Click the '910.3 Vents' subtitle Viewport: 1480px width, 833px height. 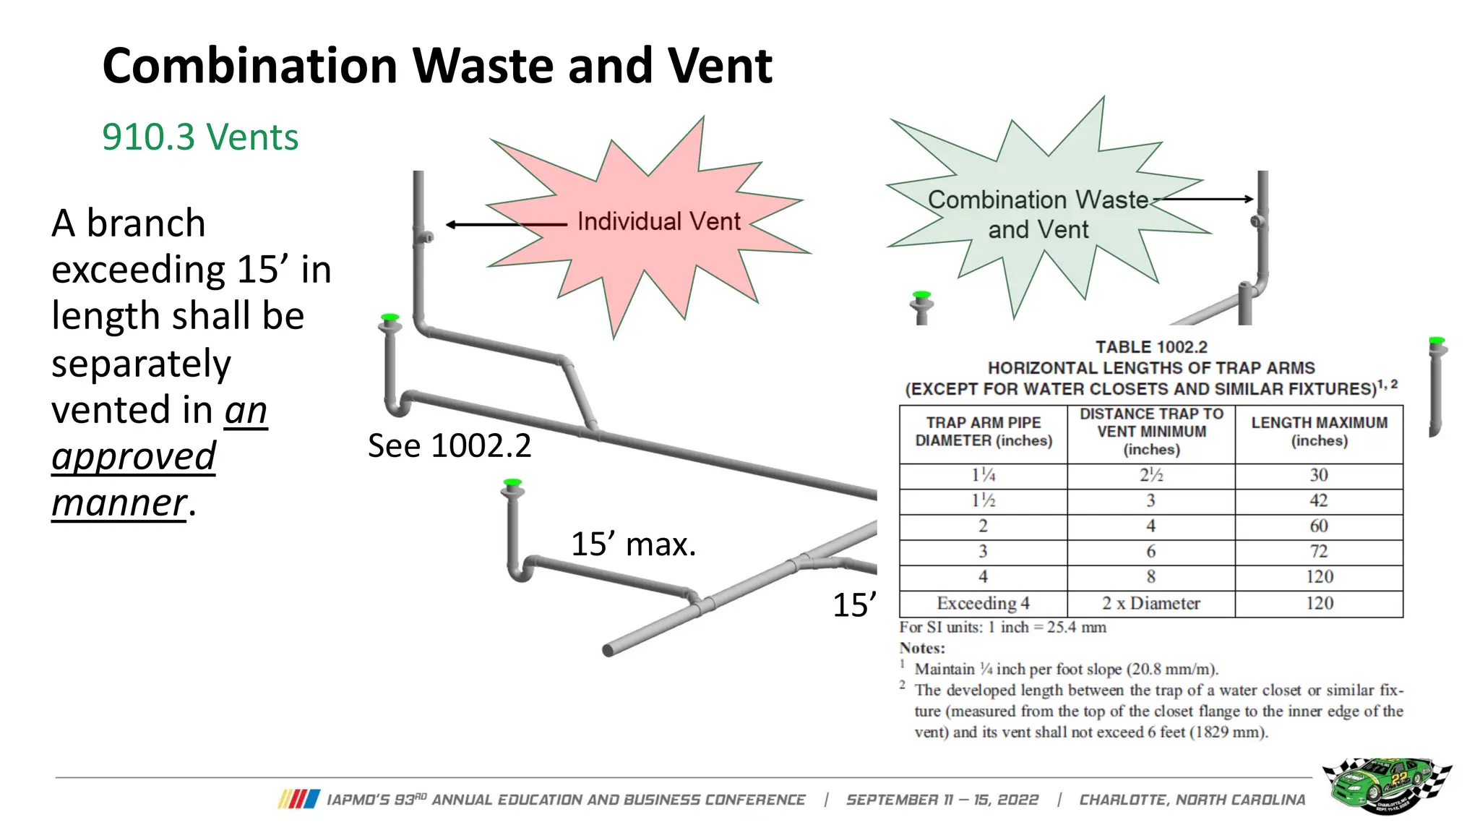[x=200, y=137]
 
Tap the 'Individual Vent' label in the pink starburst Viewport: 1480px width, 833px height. [x=658, y=221]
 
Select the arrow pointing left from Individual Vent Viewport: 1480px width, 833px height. [x=506, y=225]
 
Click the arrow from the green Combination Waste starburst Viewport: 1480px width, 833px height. [x=1203, y=199]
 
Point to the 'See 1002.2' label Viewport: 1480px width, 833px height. [x=449, y=445]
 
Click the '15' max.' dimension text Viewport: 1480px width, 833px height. [x=633, y=544]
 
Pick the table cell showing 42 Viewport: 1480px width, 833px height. [x=1319, y=500]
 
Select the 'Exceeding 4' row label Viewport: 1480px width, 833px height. [x=983, y=603]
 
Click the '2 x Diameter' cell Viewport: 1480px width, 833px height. [x=1150, y=603]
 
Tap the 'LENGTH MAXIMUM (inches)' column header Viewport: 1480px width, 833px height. [x=1319, y=432]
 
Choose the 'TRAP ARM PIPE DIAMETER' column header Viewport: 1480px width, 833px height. [x=983, y=432]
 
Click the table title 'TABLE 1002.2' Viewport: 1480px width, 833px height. [x=1151, y=347]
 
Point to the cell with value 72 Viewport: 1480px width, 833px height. [x=1319, y=551]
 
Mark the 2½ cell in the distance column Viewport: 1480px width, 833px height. [x=1150, y=475]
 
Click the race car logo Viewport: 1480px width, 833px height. [x=1386, y=785]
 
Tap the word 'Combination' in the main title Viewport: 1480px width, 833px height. [x=250, y=66]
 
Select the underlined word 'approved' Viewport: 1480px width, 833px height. [x=134, y=456]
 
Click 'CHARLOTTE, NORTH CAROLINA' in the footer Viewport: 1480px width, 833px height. [x=1192, y=800]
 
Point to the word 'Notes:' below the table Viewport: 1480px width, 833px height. [x=922, y=648]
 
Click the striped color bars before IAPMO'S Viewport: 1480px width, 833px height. [x=298, y=799]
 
